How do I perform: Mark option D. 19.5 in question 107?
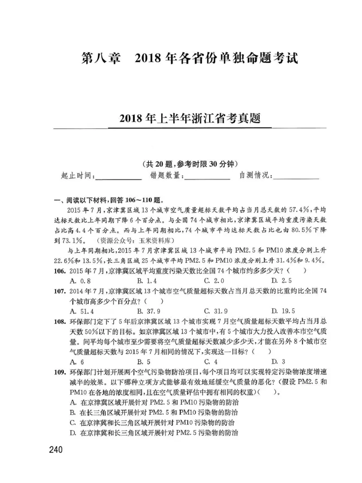[283, 311]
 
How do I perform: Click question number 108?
[59, 321]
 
